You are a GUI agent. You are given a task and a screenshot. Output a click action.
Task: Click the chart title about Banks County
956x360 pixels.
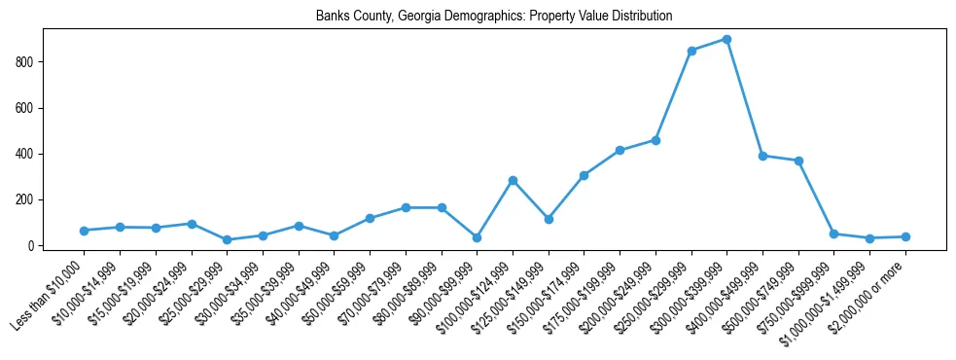[494, 17]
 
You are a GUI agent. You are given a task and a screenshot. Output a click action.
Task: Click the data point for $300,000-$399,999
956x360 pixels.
[726, 39]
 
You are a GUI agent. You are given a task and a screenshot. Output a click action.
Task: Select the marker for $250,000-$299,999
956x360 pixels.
[691, 51]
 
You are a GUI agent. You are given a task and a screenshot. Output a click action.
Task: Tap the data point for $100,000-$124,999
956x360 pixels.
[513, 180]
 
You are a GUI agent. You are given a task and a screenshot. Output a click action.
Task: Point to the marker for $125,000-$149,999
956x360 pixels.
[549, 219]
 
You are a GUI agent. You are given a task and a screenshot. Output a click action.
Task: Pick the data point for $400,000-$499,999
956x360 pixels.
[762, 156]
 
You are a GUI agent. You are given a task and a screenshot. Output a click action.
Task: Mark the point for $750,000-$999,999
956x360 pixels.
[833, 234]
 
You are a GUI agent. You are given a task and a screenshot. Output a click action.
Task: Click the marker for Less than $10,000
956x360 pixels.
[84, 231]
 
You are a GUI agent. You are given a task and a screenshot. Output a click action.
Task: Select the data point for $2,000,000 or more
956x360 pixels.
[905, 236]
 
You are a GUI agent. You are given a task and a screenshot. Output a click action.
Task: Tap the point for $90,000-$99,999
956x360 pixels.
[477, 237]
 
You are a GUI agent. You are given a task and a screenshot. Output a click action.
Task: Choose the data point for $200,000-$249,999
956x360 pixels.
[655, 140]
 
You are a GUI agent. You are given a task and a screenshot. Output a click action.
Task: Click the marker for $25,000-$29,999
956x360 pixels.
[227, 239]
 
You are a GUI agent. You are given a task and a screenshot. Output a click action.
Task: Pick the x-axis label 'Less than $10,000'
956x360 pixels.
[49, 292]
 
